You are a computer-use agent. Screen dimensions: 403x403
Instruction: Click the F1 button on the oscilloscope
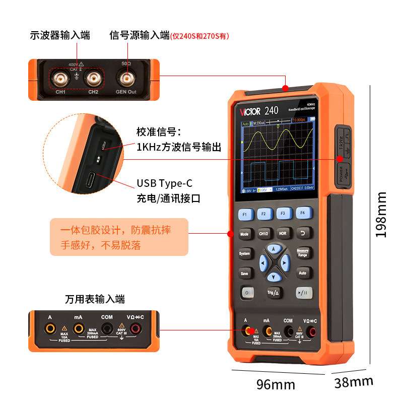[245, 214]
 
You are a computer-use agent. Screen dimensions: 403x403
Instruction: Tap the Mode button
[244, 234]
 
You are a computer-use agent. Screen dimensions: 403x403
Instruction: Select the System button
[244, 253]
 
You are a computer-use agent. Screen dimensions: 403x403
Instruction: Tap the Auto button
[302, 273]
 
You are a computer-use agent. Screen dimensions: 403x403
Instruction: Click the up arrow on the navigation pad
[274, 249]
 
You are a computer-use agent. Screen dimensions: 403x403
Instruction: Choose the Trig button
[273, 292]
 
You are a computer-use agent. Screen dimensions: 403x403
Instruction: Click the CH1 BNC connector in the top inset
[61, 79]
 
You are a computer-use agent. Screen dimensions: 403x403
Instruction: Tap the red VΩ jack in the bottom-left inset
[135, 329]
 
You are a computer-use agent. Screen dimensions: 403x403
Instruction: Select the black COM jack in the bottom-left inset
[107, 329]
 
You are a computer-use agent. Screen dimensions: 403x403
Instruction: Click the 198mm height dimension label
[381, 214]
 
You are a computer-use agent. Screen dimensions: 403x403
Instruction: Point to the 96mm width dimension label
[276, 384]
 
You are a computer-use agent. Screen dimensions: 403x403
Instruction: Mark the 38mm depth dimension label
[354, 382]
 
